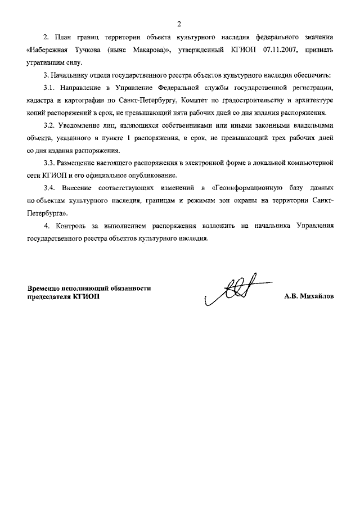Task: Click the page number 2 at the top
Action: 179,23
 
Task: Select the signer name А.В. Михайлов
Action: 308,298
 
